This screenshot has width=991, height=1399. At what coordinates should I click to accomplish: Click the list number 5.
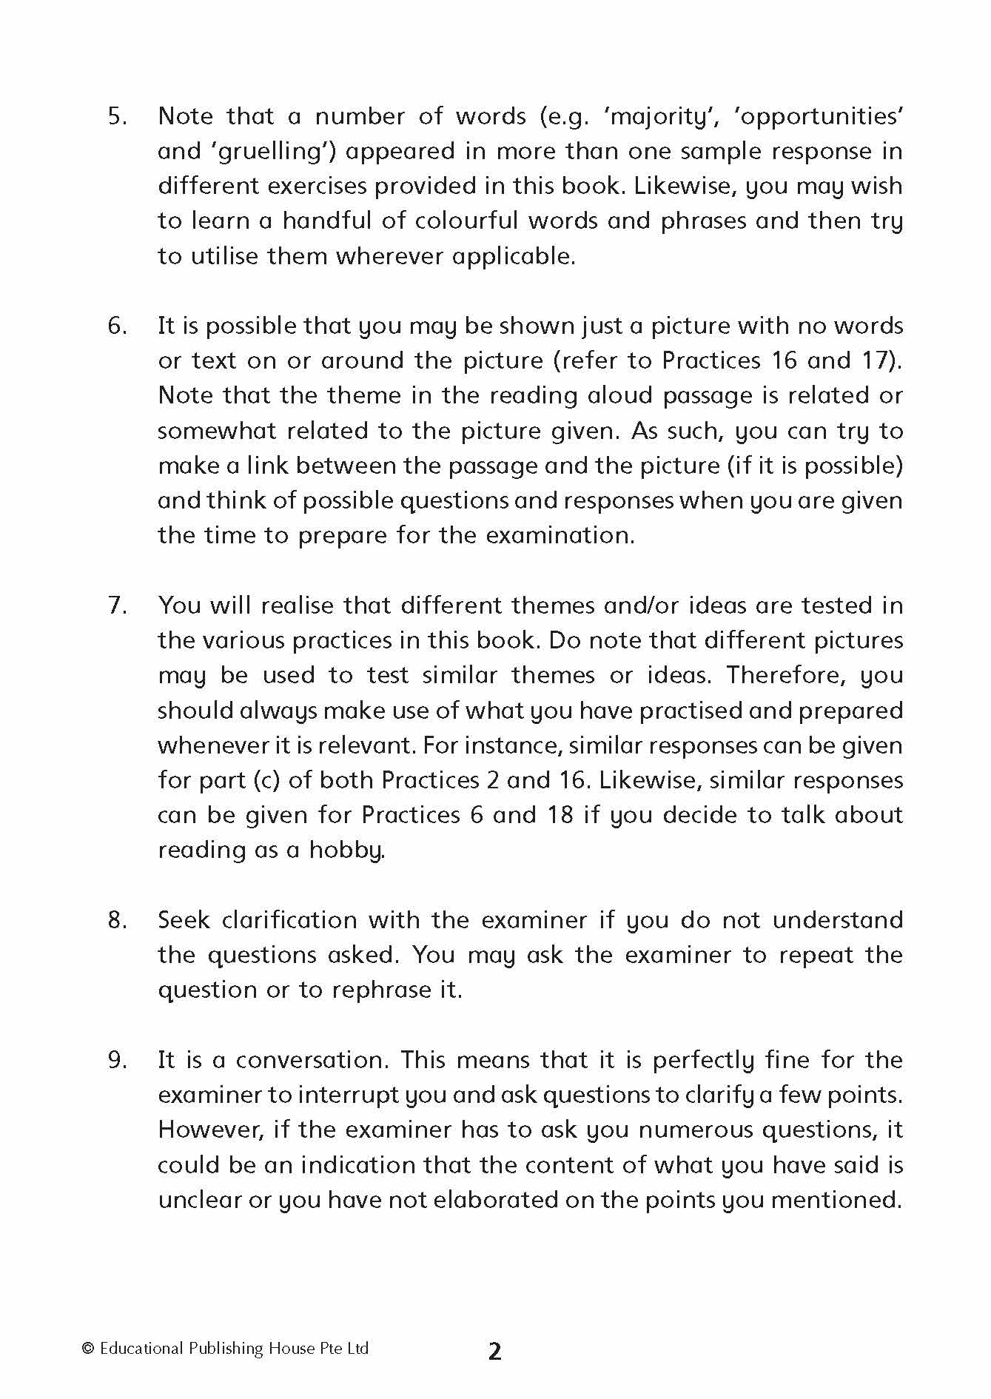pyautogui.click(x=117, y=117)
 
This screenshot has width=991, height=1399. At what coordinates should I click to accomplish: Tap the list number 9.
pyautogui.click(x=117, y=1060)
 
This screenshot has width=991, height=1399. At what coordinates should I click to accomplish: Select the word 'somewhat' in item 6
pyautogui.click(x=216, y=431)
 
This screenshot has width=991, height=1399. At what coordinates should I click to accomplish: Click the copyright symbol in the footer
pyautogui.click(x=88, y=1349)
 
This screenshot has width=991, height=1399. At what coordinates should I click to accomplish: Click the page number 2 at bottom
pyautogui.click(x=494, y=1352)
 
